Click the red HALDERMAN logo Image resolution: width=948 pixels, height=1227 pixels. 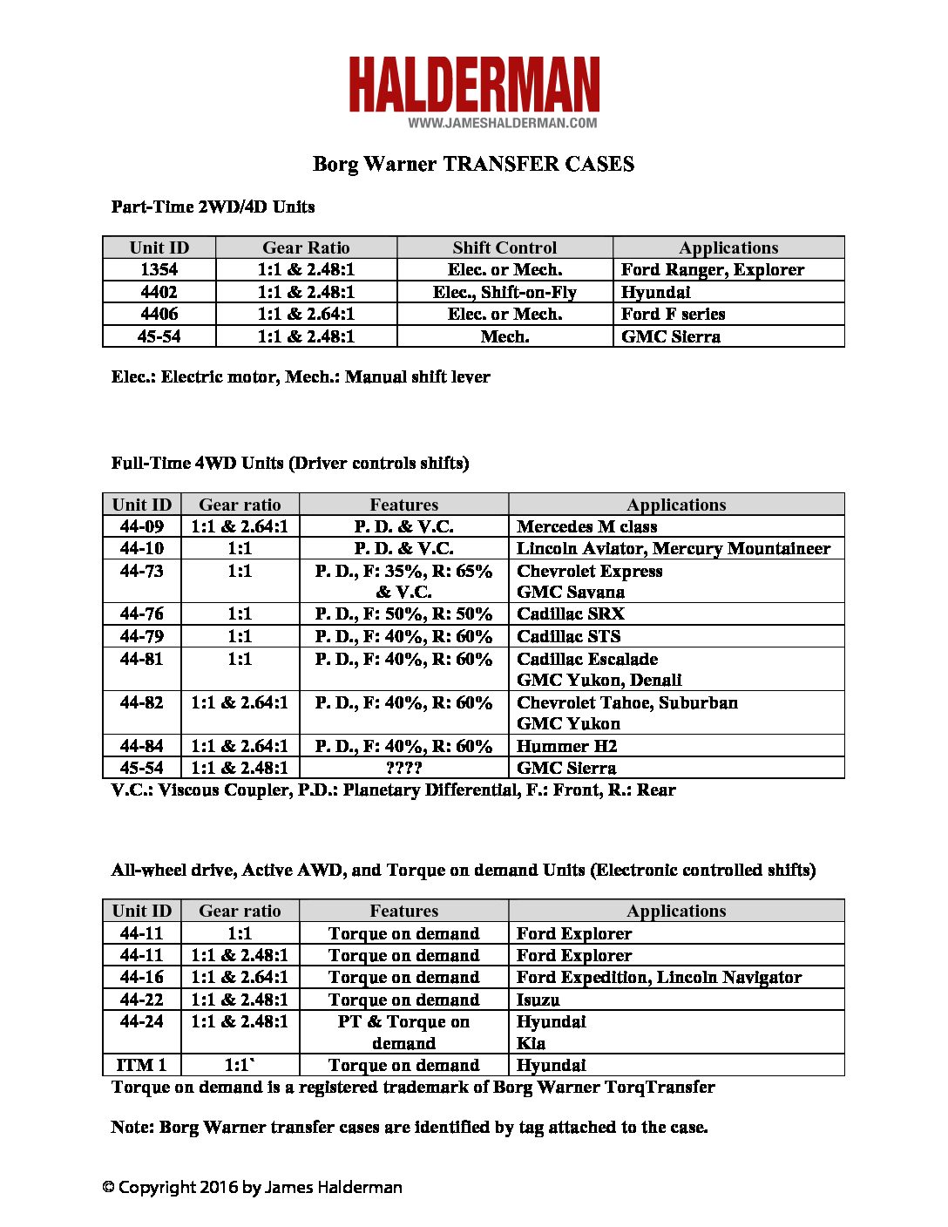(474, 85)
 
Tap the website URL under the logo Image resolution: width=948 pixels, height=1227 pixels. (503, 123)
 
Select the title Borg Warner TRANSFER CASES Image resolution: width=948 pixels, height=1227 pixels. (473, 164)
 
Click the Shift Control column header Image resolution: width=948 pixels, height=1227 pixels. (504, 247)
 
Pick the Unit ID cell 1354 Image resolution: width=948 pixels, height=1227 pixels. (159, 269)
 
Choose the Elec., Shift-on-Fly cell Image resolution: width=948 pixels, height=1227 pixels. (504, 292)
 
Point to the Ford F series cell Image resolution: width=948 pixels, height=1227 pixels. (673, 314)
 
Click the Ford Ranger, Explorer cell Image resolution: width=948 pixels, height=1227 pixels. (712, 269)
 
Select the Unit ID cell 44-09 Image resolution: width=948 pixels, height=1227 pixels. (142, 526)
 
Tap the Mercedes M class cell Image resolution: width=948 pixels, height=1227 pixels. (586, 526)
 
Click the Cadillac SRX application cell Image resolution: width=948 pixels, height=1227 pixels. (571, 613)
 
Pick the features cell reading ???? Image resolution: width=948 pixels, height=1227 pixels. (403, 768)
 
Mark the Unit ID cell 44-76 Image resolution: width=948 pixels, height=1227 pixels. (142, 613)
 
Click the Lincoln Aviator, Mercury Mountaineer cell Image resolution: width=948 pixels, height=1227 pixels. (674, 548)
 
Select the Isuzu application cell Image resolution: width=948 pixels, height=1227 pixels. (538, 1000)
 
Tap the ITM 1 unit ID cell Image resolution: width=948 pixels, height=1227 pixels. (141, 1065)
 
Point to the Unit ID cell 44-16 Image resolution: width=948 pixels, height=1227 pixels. (142, 977)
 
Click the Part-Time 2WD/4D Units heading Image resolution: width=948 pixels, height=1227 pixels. (213, 207)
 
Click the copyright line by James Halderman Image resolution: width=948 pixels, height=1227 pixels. (252, 1187)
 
